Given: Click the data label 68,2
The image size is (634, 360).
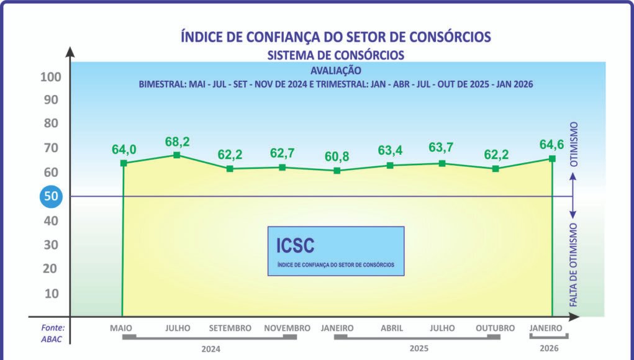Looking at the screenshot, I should [177, 142].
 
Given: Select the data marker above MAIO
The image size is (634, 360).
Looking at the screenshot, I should [124, 163].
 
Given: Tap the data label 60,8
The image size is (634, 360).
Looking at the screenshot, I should [337, 157].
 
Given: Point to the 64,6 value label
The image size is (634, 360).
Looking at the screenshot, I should [551, 145].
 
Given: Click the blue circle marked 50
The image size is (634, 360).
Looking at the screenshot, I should [49, 197].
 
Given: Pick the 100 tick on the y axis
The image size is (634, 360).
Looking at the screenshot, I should [50, 78].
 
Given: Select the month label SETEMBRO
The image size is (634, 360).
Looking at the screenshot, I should [230, 328].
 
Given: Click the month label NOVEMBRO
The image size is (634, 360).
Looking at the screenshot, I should [287, 328].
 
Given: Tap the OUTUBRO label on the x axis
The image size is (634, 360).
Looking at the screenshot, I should [495, 328].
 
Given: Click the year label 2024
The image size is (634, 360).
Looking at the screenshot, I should [211, 348].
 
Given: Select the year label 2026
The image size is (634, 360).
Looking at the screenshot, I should [549, 348].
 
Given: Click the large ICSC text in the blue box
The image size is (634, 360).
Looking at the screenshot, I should [295, 246].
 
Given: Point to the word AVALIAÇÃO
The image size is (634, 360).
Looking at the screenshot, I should [335, 71].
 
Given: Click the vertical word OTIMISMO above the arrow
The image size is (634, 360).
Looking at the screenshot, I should [574, 144].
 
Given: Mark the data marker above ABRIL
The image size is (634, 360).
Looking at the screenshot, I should [390, 165].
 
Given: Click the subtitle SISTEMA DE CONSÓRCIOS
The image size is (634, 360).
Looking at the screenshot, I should [335, 55].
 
